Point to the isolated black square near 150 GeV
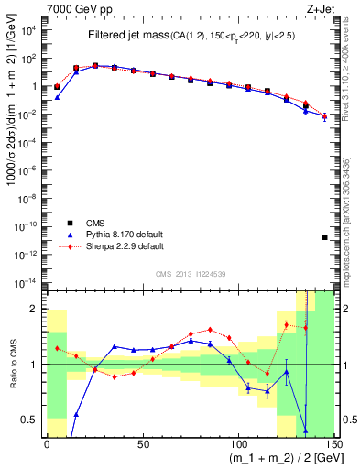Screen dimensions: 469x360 [x=325, y=238]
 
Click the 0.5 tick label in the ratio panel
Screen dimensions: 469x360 [x=33, y=420]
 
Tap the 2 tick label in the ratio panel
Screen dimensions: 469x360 [x=37, y=309]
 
